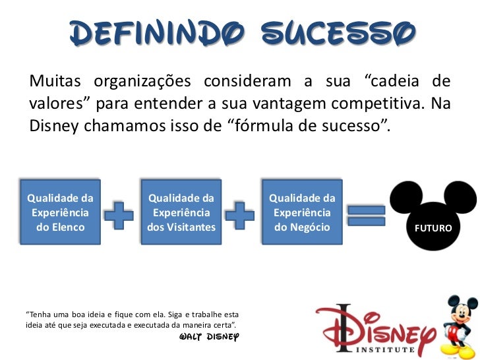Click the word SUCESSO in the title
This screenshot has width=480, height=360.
[x=338, y=31]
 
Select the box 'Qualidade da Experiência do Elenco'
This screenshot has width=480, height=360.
[x=60, y=213]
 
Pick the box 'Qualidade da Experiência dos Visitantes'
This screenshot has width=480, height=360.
[x=181, y=213]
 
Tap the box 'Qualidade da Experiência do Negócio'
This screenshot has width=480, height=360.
[x=303, y=213]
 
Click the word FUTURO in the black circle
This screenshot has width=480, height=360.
[x=433, y=228]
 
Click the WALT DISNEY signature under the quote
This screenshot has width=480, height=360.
[x=208, y=336]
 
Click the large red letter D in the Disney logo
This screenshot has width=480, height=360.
[x=342, y=326]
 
